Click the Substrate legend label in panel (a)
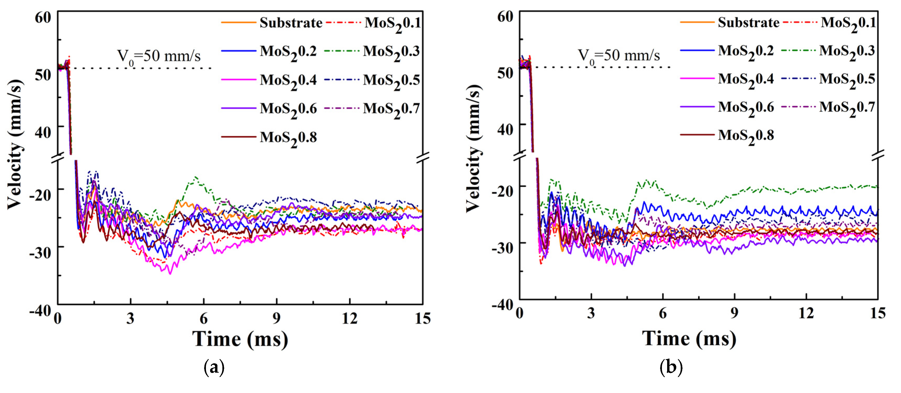(x=291, y=23)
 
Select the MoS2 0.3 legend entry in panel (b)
(x=847, y=51)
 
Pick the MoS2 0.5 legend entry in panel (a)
(x=391, y=80)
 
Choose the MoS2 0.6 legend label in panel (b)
(x=746, y=107)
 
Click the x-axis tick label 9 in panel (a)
(x=276, y=318)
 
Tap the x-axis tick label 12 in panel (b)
(x=806, y=313)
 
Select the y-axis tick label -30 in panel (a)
(x=40, y=252)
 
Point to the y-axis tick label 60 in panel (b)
(x=505, y=16)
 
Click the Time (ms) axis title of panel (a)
(x=240, y=339)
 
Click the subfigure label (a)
(x=214, y=367)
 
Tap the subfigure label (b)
(x=671, y=367)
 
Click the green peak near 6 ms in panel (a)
(x=195, y=177)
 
